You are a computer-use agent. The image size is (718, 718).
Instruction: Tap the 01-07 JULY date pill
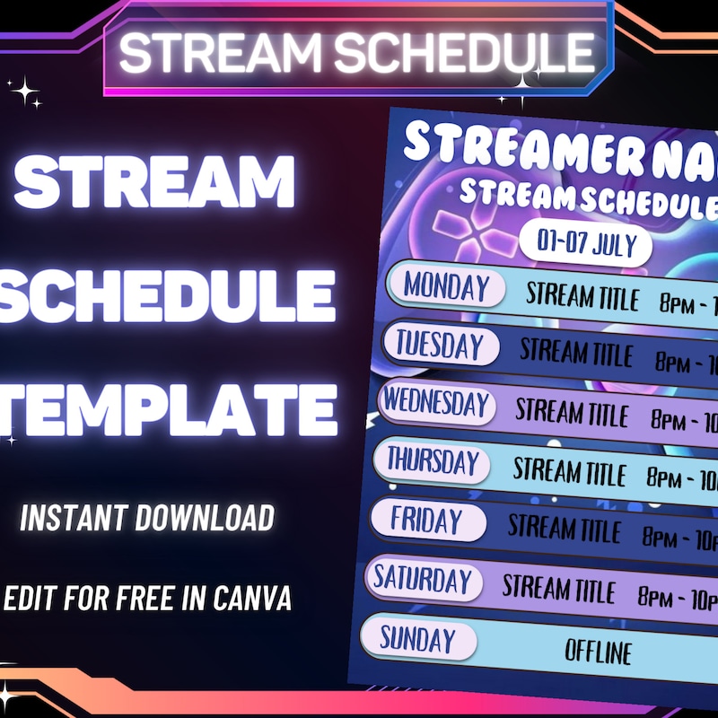click(x=585, y=242)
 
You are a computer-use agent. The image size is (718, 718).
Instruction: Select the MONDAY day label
click(x=446, y=287)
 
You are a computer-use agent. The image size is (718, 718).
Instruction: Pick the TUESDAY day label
click(x=439, y=345)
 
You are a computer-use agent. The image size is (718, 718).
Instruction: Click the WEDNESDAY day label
click(x=438, y=403)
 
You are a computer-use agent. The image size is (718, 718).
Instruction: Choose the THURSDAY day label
click(x=433, y=462)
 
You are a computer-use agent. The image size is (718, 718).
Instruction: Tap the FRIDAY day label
click(x=426, y=521)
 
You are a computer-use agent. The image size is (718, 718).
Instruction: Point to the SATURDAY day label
click(x=423, y=579)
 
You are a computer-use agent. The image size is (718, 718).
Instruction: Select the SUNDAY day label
click(x=416, y=640)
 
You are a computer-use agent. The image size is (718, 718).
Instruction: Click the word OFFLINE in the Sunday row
click(x=598, y=651)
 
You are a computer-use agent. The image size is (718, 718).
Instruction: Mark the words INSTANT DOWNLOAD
click(x=147, y=518)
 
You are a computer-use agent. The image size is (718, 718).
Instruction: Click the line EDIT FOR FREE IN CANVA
click(x=148, y=599)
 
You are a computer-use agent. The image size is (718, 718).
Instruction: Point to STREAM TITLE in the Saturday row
click(x=558, y=589)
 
